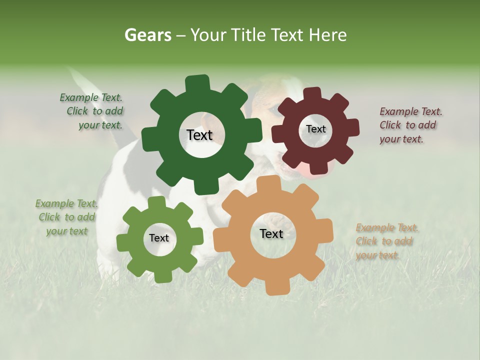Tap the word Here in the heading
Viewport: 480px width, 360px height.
328,35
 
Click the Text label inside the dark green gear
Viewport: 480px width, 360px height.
199,135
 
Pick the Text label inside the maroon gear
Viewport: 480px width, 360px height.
315,129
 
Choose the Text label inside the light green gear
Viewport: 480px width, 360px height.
159,238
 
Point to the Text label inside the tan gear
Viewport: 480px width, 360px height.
271,233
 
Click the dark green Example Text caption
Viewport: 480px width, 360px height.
92,111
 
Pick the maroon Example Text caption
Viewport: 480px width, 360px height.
410,125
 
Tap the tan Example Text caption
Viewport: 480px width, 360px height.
386,241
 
